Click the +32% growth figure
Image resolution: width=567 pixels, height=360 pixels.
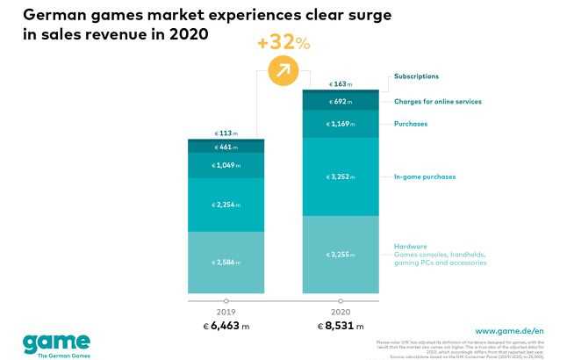pyautogui.click(x=283, y=42)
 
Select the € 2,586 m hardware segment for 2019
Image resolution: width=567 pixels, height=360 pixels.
pyautogui.click(x=226, y=262)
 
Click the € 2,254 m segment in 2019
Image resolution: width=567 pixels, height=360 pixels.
pyautogui.click(x=226, y=205)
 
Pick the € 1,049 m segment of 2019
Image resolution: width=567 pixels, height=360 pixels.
pyautogui.click(x=226, y=165)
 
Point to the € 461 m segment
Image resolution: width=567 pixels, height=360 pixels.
pyautogui.click(x=226, y=148)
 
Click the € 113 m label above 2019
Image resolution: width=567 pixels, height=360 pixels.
pyautogui.click(x=226, y=133)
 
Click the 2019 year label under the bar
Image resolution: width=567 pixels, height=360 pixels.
pyautogui.click(x=226, y=311)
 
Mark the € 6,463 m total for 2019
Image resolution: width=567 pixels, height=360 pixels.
pyautogui.click(x=226, y=326)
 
